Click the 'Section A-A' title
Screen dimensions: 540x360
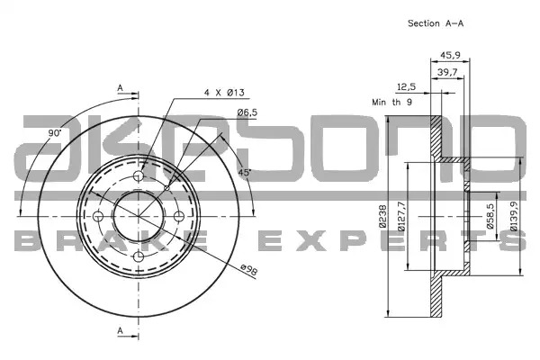coord(436,23)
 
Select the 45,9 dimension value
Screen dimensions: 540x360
coord(451,55)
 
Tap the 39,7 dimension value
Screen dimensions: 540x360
coord(447,72)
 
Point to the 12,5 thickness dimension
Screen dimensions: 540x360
coord(407,86)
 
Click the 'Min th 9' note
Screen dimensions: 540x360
coord(391,103)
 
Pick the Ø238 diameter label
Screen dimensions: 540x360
coord(382,216)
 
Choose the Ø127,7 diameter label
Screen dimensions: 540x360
coord(401,216)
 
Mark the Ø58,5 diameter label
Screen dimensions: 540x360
coord(490,216)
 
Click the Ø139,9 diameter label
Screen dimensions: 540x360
coord(514,216)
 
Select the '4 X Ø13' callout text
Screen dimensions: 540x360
coord(224,93)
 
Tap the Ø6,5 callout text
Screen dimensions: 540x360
coord(247,112)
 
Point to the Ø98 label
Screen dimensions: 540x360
coord(249,269)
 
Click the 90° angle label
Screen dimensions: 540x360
coord(54,133)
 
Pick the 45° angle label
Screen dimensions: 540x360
coord(244,173)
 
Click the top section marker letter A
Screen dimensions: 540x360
coord(120,88)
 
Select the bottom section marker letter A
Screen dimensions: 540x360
coord(120,330)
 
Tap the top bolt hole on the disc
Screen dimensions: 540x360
coord(139,176)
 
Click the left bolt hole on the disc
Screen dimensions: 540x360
coord(98,217)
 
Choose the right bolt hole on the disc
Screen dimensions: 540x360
coord(179,217)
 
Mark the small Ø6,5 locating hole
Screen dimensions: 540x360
coord(167,188)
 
